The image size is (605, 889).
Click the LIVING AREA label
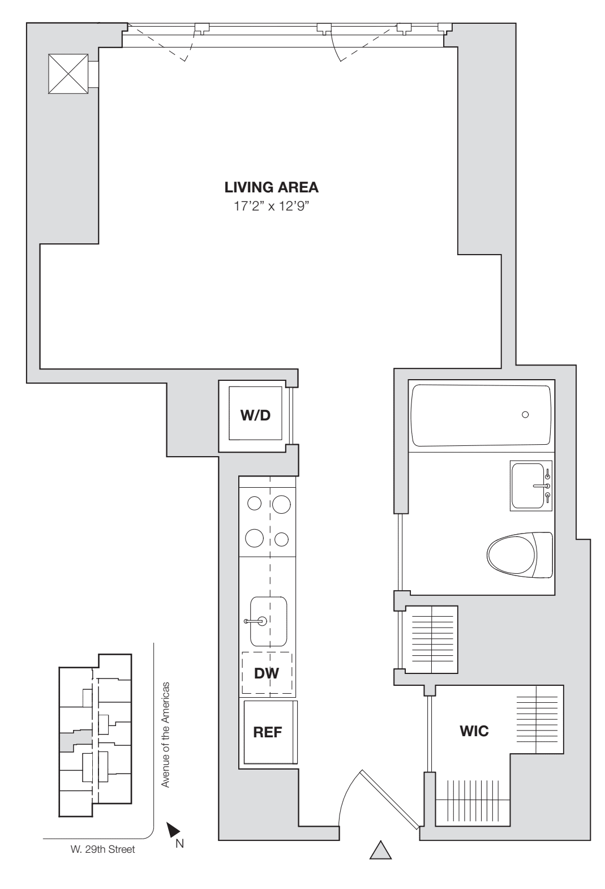pyautogui.click(x=271, y=187)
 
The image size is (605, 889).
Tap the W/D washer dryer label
pyautogui.click(x=256, y=416)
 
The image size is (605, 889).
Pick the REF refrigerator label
pyautogui.click(x=267, y=732)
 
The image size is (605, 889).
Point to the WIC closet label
pyautogui.click(x=474, y=731)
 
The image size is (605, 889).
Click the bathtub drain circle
pyautogui.click(x=525, y=415)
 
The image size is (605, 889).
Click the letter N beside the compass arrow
pyautogui.click(x=179, y=844)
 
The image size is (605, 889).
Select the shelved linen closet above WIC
pyautogui.click(x=431, y=639)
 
